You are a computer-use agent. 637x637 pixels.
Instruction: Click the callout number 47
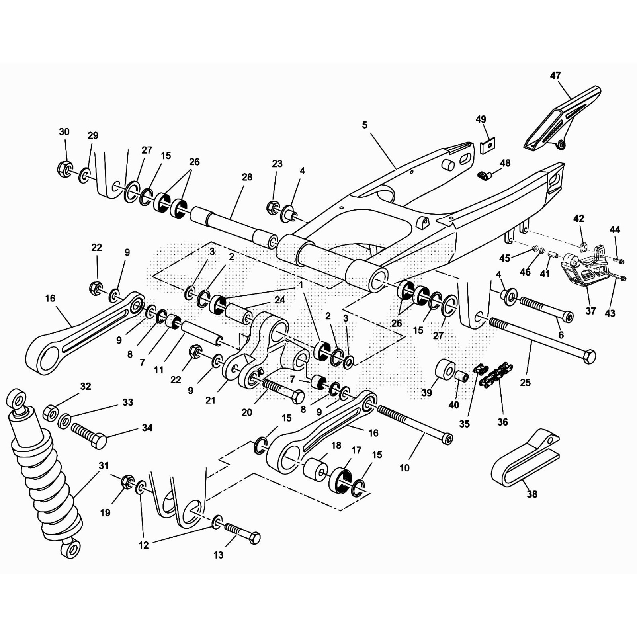tap(555, 75)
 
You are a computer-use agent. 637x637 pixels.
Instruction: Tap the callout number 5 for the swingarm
tap(365, 125)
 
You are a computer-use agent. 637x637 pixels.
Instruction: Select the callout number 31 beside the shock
tap(104, 465)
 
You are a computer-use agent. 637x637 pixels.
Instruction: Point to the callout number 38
tap(532, 494)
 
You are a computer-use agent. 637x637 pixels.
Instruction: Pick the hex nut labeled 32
tap(51, 412)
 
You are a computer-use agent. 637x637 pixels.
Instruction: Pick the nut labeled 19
tap(127, 482)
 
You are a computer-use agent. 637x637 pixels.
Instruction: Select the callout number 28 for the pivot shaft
tap(247, 177)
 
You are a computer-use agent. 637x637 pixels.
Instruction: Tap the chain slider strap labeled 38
tap(522, 462)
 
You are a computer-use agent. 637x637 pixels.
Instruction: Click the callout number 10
tap(404, 468)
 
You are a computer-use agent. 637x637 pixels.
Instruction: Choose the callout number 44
tap(615, 229)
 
